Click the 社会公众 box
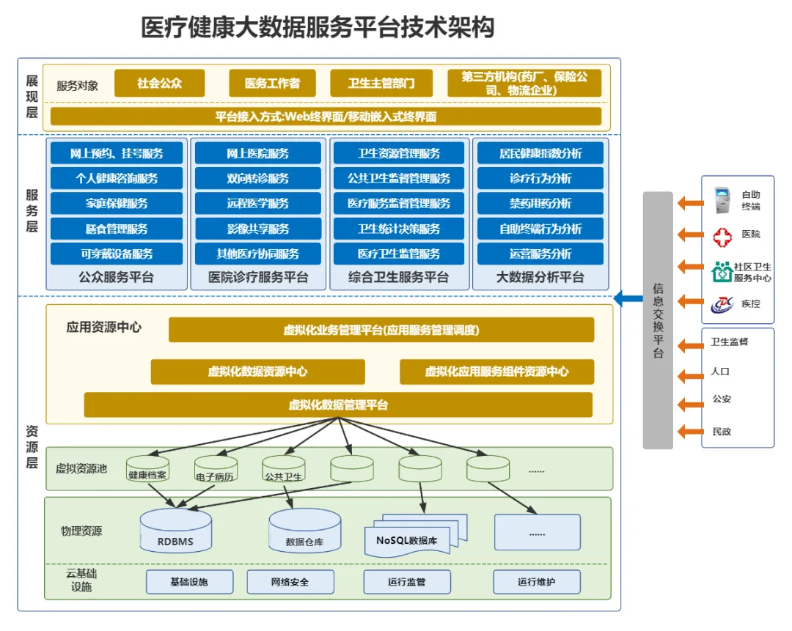coord(159,84)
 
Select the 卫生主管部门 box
coord(381,84)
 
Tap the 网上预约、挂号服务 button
coord(117,153)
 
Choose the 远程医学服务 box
coord(257,204)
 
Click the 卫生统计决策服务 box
coord(398,229)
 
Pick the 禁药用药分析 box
coord(540,204)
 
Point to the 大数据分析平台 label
coord(540,278)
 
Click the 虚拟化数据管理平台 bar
coord(338,405)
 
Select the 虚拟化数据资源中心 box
coord(257,372)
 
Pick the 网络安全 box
coord(290,582)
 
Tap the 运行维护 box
coord(537,582)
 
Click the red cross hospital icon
coord(722,236)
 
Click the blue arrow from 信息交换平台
coord(627,298)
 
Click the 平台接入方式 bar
coord(326,117)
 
